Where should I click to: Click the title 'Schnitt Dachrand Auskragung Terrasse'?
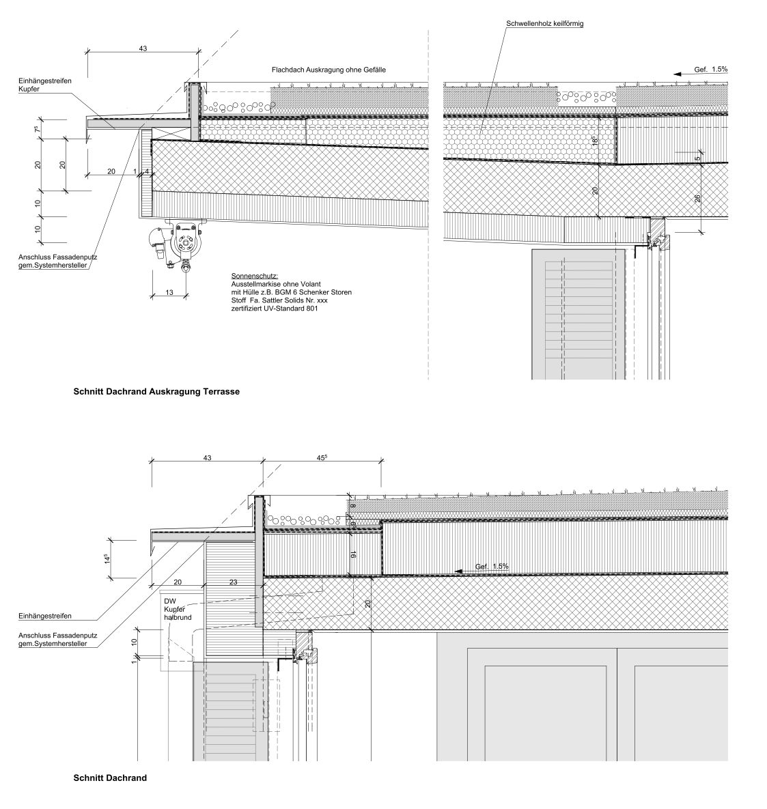[156, 393]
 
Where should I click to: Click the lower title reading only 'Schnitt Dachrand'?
[110, 778]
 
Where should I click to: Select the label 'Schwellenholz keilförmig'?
[544, 24]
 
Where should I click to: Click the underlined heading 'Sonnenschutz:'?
[250, 276]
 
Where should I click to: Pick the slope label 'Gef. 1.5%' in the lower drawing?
[492, 567]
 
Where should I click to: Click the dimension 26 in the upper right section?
[697, 198]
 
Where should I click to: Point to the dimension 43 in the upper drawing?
[143, 49]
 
